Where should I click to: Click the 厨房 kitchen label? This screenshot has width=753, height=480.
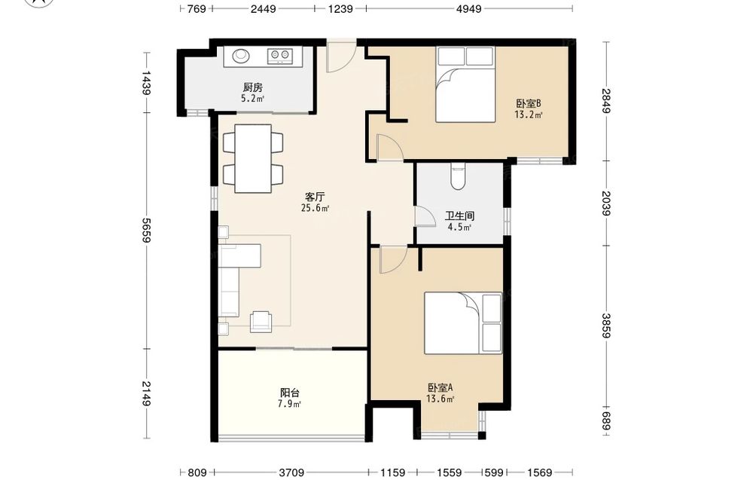click(252, 87)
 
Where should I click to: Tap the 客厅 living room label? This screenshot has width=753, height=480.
click(315, 197)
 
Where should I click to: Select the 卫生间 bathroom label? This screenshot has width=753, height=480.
click(459, 216)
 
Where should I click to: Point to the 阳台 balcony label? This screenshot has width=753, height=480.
click(290, 393)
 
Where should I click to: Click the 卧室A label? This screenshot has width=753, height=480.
click(441, 387)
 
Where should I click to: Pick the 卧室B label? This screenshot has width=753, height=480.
click(529, 103)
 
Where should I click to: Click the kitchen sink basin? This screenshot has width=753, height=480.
click(241, 56)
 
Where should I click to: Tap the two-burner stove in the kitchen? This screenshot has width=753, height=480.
click(279, 56)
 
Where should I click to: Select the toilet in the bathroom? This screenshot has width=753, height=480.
click(459, 176)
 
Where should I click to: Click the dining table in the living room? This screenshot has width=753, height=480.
click(253, 158)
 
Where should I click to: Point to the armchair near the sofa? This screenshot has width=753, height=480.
click(261, 322)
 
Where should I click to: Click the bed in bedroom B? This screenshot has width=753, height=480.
click(465, 84)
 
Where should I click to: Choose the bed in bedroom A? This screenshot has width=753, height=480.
click(463, 323)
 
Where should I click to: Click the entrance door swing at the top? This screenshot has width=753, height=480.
click(341, 57)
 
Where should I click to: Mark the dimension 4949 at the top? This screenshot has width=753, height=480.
click(468, 8)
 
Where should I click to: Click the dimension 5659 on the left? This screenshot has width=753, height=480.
click(145, 230)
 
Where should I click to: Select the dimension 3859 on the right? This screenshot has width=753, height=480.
click(606, 326)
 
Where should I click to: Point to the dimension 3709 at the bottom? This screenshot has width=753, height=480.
click(291, 472)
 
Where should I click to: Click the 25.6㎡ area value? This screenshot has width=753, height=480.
click(315, 208)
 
